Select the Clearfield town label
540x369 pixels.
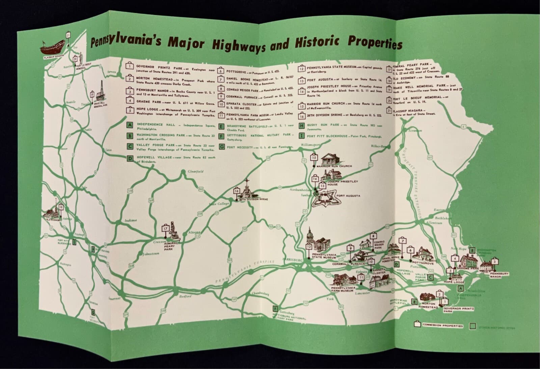point(195,172)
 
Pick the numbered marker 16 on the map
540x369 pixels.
point(236,191)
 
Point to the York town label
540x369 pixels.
point(330,299)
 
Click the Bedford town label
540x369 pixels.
point(186,296)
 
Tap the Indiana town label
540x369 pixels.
point(131,220)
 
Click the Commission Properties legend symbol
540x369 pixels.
point(417,325)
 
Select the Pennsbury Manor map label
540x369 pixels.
point(499,275)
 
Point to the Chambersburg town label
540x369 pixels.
point(260,293)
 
